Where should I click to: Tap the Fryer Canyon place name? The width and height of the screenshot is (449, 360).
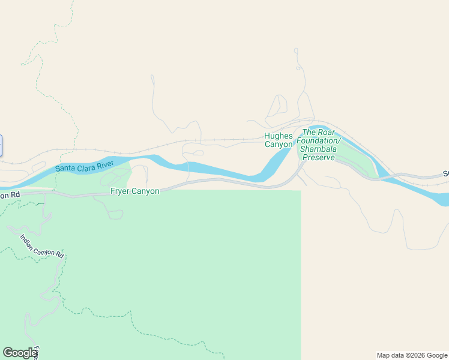click(x=135, y=191)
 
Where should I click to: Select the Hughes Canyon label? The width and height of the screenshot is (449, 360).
click(x=279, y=140)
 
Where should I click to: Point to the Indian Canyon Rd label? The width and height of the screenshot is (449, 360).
click(x=42, y=246)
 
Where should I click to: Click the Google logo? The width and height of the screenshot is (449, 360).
click(x=19, y=353)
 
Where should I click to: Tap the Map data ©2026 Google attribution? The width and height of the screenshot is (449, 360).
click(x=412, y=355)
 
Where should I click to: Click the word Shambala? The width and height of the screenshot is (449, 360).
click(x=320, y=149)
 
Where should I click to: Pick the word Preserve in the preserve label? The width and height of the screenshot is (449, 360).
click(x=319, y=157)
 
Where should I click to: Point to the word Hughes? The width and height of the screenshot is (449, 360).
click(x=279, y=136)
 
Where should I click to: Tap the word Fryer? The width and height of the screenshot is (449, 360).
click(x=121, y=191)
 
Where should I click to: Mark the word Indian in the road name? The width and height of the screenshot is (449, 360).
click(x=28, y=239)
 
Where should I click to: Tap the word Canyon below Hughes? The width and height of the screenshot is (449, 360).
click(x=279, y=145)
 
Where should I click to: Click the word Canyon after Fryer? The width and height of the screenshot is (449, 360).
click(x=146, y=191)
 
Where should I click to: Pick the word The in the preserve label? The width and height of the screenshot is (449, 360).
click(x=309, y=132)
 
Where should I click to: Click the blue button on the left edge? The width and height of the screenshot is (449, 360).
click(x=1, y=146)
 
